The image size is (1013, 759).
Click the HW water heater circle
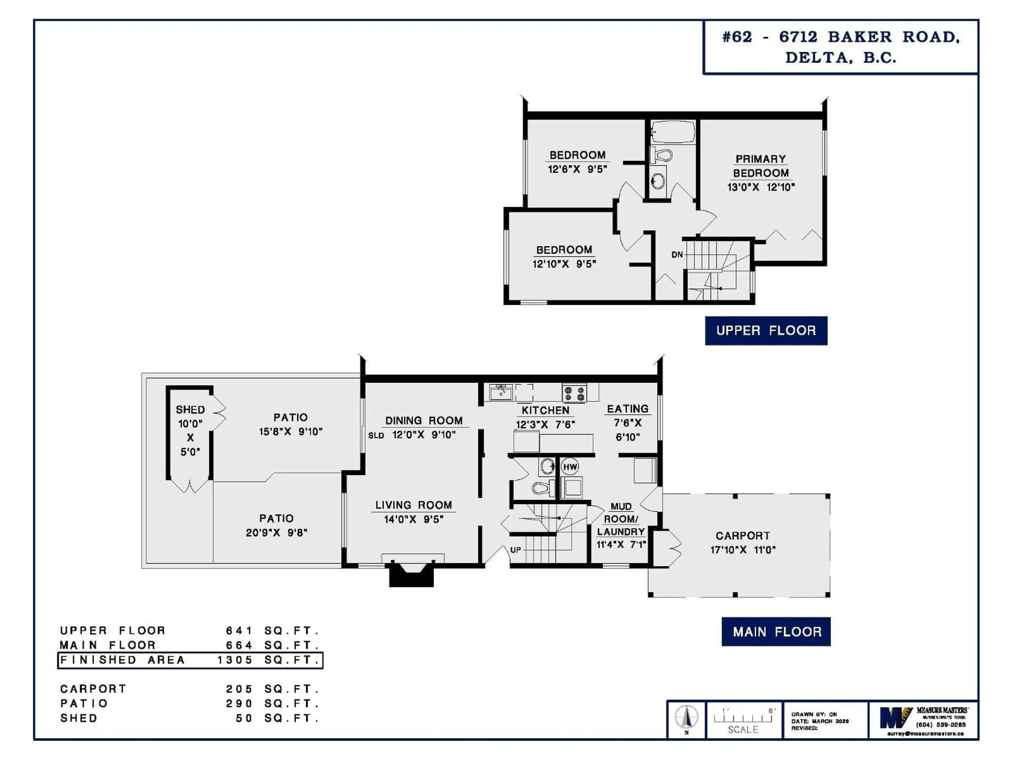[x=570, y=467]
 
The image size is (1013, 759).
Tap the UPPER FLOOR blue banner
[x=766, y=330]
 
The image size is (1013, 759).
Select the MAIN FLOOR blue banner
[x=776, y=631]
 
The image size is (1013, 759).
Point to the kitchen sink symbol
[x=500, y=392]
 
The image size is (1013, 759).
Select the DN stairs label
[x=677, y=254]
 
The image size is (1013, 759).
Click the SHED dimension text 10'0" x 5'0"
[x=190, y=437]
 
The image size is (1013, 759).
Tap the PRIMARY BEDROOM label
[x=761, y=166]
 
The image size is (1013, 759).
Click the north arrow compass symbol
[x=686, y=717]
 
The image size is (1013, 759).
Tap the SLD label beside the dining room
[x=376, y=435]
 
